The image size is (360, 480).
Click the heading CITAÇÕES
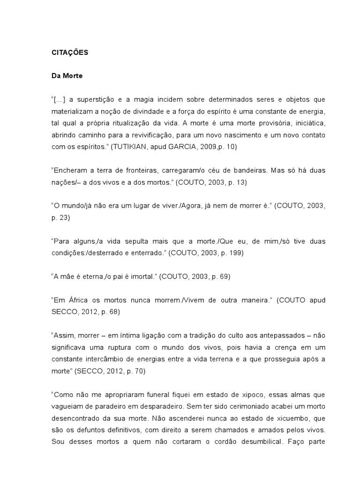pos(69,53)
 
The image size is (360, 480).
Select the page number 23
pos(63,217)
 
